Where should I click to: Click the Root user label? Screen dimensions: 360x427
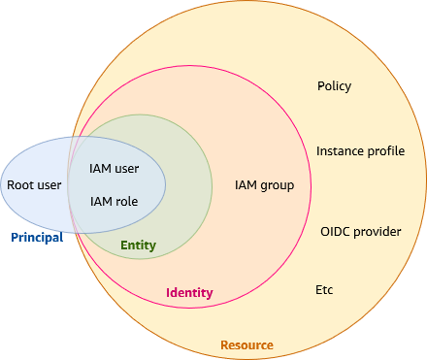coord(34,184)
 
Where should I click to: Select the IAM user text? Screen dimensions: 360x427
coord(114,168)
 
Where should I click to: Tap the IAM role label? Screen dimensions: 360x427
coord(114,202)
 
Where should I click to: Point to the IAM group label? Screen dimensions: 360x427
coord(264,185)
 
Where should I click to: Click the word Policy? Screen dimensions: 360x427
coord(334,86)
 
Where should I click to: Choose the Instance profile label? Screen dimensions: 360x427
coord(360,151)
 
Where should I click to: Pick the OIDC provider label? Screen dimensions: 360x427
coord(360,232)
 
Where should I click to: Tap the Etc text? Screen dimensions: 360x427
coord(324,290)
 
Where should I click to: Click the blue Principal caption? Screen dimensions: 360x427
coord(37,238)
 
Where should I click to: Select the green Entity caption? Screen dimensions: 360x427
coord(138,245)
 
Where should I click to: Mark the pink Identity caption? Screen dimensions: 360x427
coord(189,293)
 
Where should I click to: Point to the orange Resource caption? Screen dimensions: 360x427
coord(246,345)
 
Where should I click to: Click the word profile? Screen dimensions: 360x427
coord(387,151)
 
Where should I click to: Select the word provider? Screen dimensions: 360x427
coord(378,232)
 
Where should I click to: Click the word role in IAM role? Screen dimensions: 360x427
coord(126,202)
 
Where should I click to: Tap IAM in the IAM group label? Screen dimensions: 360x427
coord(246,185)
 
